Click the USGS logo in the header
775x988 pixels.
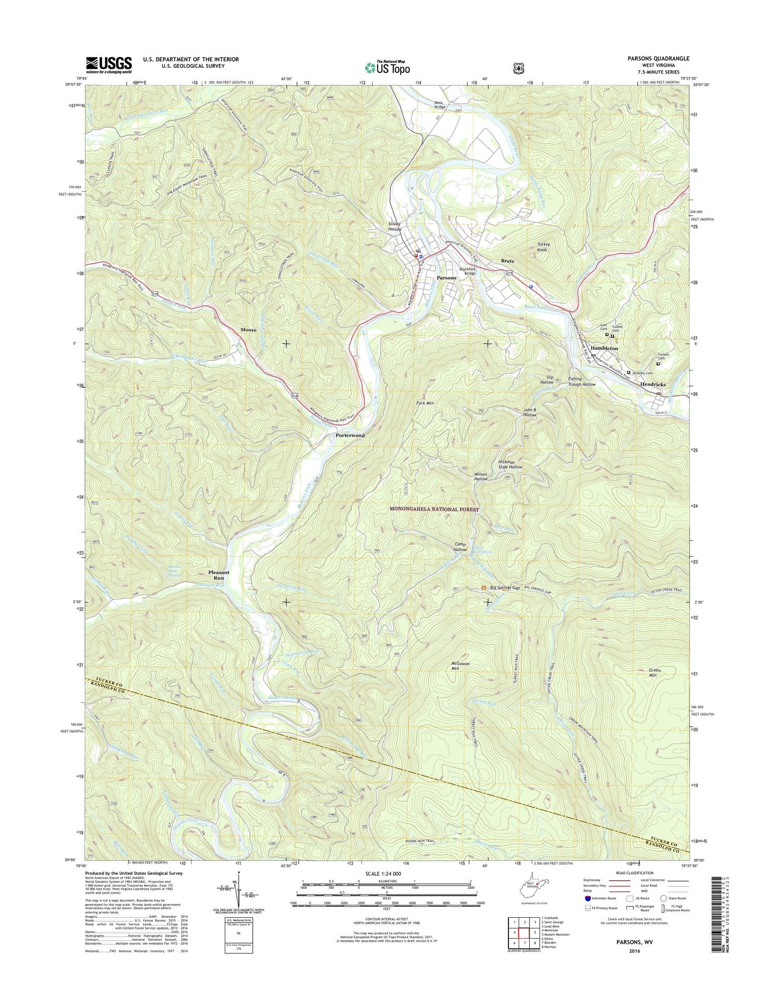click(x=108, y=65)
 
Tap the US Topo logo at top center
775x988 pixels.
click(x=387, y=67)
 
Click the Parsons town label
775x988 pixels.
click(x=446, y=278)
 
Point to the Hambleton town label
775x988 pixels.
click(x=604, y=348)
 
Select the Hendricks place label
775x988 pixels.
click(x=652, y=385)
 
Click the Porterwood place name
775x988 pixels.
click(x=350, y=436)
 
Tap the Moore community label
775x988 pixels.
click(x=248, y=330)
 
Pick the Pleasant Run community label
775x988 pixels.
click(x=219, y=575)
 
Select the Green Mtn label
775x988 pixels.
click(x=655, y=673)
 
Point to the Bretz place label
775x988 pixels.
click(x=507, y=261)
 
